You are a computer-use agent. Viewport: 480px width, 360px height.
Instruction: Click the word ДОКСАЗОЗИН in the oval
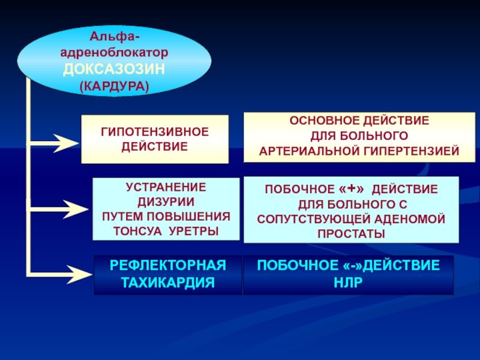click(x=114, y=70)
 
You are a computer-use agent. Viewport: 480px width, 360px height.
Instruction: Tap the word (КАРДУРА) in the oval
click(x=114, y=86)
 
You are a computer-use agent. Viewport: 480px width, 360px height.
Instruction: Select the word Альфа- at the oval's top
click(x=114, y=39)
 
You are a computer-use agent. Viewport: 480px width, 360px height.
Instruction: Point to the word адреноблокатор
click(x=114, y=54)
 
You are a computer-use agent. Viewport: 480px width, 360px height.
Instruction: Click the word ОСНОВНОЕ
click(x=322, y=121)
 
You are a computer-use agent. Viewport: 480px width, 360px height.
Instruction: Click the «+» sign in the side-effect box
click(x=355, y=189)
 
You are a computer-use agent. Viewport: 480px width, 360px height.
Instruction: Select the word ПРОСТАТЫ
click(x=351, y=233)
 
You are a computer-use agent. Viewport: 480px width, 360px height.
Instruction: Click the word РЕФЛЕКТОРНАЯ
click(x=168, y=265)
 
